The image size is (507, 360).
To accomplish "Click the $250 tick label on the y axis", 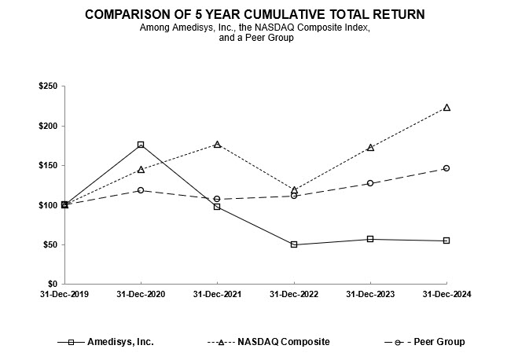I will point(46,86).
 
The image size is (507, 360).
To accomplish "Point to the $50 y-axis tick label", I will point(49,244).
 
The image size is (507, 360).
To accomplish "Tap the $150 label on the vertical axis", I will point(46,166).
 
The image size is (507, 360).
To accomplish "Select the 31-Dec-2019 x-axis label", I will point(64,294).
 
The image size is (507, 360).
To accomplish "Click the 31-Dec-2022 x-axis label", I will point(294,294).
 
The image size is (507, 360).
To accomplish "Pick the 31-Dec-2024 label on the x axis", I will point(446,294).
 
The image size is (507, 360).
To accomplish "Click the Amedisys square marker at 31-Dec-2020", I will point(141,145).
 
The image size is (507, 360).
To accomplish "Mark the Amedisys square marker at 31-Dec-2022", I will point(294,244).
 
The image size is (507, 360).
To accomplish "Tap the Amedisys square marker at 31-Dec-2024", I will point(446,241).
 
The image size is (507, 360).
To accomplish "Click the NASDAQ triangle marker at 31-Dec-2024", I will point(446,108).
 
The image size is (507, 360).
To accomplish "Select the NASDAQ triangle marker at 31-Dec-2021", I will point(217,145).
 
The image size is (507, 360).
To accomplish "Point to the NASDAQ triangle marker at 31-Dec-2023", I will point(370,148).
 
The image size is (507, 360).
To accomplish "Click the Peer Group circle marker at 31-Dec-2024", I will point(446,168).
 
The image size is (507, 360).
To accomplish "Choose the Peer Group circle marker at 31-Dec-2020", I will point(141,190).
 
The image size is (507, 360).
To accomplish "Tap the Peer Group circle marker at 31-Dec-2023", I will point(370,183).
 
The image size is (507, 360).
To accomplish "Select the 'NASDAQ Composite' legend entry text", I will point(285,342).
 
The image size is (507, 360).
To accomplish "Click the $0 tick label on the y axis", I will point(52,284).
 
